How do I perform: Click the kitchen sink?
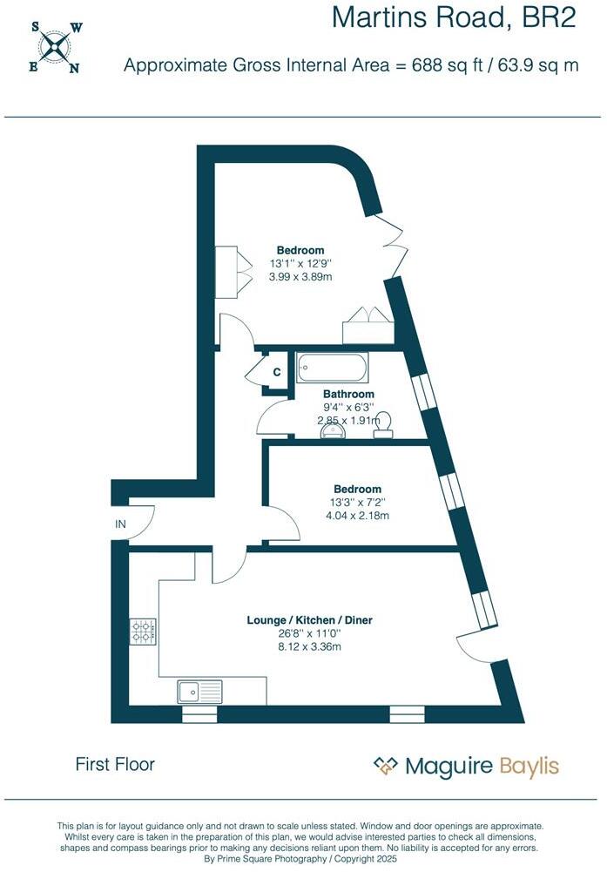(x=200, y=692)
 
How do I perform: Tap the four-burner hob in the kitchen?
(x=143, y=632)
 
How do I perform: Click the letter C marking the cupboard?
(x=276, y=373)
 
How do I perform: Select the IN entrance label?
(x=121, y=524)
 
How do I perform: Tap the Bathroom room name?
(x=336, y=394)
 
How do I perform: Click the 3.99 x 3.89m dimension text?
(x=300, y=276)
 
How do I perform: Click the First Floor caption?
(x=115, y=764)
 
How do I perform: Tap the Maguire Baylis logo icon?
(x=385, y=766)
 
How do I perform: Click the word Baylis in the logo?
(x=529, y=767)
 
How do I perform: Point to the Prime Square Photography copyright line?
(x=300, y=858)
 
